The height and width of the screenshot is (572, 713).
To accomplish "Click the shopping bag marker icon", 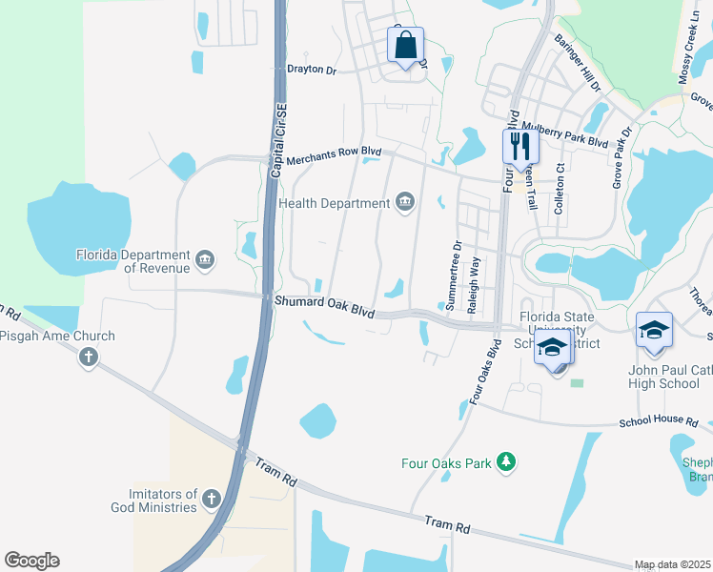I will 406,45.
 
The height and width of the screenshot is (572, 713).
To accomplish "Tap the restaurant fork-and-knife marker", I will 520,147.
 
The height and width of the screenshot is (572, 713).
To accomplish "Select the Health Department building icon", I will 405,202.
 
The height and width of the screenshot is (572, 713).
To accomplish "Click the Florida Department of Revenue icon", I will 205,260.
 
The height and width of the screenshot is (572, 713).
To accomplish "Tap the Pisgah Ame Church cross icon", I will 89,357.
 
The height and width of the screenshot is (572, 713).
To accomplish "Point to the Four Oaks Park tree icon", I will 506,463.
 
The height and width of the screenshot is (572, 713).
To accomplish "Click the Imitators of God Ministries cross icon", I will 210,500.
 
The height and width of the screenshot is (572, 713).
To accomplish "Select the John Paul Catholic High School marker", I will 655,331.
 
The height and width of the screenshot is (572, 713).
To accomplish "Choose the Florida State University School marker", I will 554,349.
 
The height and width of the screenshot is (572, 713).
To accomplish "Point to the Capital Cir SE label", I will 277,140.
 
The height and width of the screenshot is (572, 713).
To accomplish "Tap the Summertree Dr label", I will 454,275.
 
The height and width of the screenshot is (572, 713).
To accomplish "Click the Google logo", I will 32,561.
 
